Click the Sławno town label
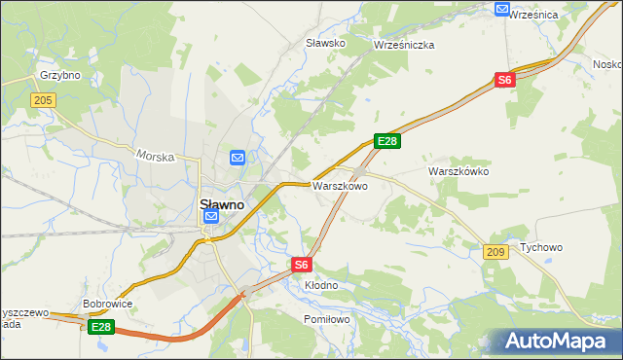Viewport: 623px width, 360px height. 221,205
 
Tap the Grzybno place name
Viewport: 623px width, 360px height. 59,75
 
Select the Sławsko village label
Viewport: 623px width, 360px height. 326,43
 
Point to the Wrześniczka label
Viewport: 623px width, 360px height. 404,45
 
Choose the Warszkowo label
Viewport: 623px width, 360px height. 339,185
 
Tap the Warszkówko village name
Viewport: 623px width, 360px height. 458,171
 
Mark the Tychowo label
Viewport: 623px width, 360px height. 541,247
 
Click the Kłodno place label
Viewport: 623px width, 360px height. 321,285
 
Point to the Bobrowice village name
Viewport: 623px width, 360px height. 107,304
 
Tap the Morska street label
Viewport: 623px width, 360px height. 155,155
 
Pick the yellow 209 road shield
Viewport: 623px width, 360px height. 495,252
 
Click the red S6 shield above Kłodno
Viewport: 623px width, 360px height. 302,264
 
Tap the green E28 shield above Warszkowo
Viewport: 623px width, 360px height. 387,142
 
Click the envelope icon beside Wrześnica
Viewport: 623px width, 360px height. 502,9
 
